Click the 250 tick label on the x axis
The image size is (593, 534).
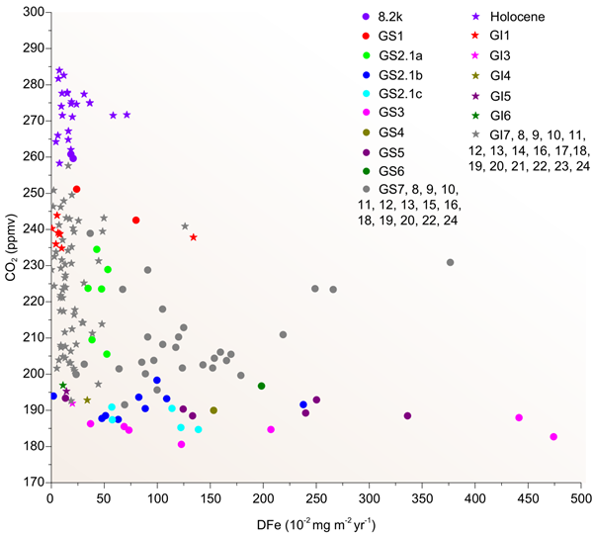point(315,499)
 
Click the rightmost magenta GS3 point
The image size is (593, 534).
point(553,436)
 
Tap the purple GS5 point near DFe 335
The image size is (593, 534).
point(407,415)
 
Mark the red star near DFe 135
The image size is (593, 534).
point(194,237)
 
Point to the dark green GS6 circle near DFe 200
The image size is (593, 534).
point(262,386)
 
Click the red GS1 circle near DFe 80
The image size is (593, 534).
point(136,220)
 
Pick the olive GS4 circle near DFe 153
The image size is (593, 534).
point(213,410)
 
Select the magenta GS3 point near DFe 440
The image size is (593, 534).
point(519,417)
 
